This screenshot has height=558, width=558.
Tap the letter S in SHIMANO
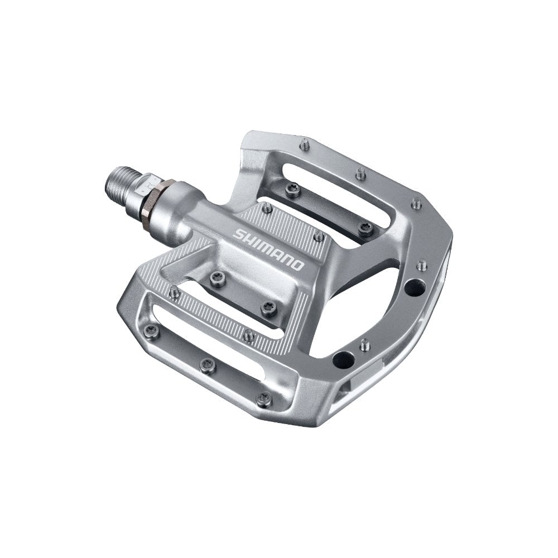point(239,235)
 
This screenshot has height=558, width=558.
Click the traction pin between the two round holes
point(364,341)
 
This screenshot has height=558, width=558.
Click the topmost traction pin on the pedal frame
point(304,141)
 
